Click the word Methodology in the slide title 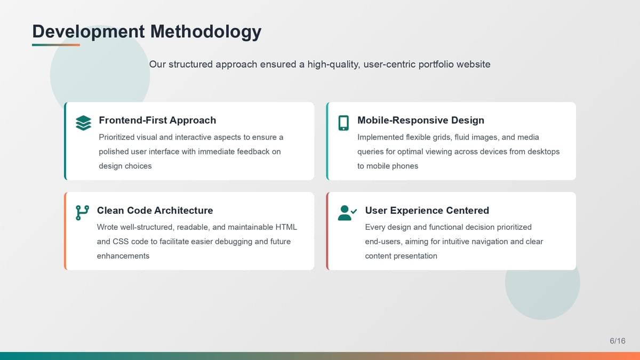coord(206,31)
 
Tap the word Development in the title coord(89,31)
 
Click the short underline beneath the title coord(56,45)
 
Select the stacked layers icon coord(83,123)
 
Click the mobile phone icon coord(343,123)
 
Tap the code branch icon coord(82,213)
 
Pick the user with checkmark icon coord(347,213)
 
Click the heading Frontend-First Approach coord(157,121)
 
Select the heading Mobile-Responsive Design coord(421,121)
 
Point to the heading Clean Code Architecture coord(155,211)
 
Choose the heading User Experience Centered coord(427,211)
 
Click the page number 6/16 coord(618,341)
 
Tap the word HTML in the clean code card coord(286,227)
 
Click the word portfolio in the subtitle coord(436,65)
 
